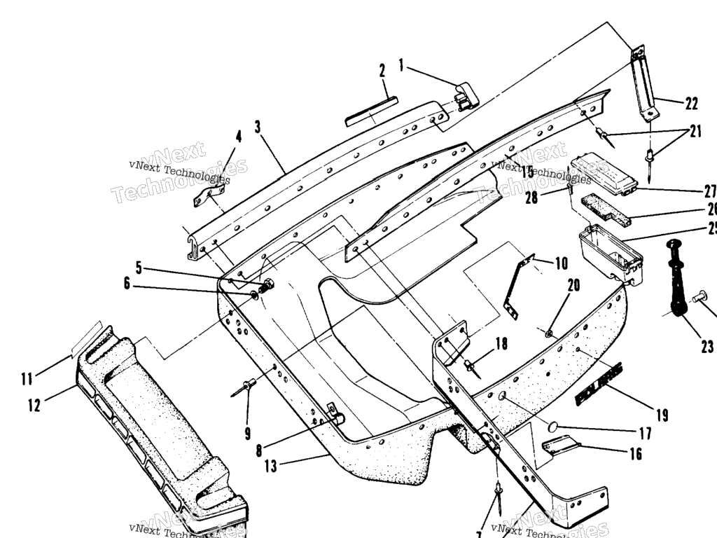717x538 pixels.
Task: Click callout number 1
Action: pyautogui.click(x=402, y=65)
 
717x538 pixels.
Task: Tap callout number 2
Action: pyautogui.click(x=382, y=71)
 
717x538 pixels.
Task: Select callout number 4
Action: pyautogui.click(x=238, y=136)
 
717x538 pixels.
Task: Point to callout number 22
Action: pyautogui.click(x=692, y=104)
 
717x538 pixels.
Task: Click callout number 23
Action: pyautogui.click(x=706, y=346)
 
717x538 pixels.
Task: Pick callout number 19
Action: pyautogui.click(x=662, y=416)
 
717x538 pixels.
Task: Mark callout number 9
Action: pyautogui.click(x=247, y=434)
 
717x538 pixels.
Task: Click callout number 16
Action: pyautogui.click(x=635, y=455)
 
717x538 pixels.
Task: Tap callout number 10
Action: pyautogui.click(x=562, y=264)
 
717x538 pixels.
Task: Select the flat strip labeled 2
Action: pyautogui.click(x=371, y=111)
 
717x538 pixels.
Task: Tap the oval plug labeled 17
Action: pyautogui.click(x=553, y=426)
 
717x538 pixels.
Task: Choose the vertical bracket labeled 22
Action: pyautogui.click(x=646, y=83)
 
